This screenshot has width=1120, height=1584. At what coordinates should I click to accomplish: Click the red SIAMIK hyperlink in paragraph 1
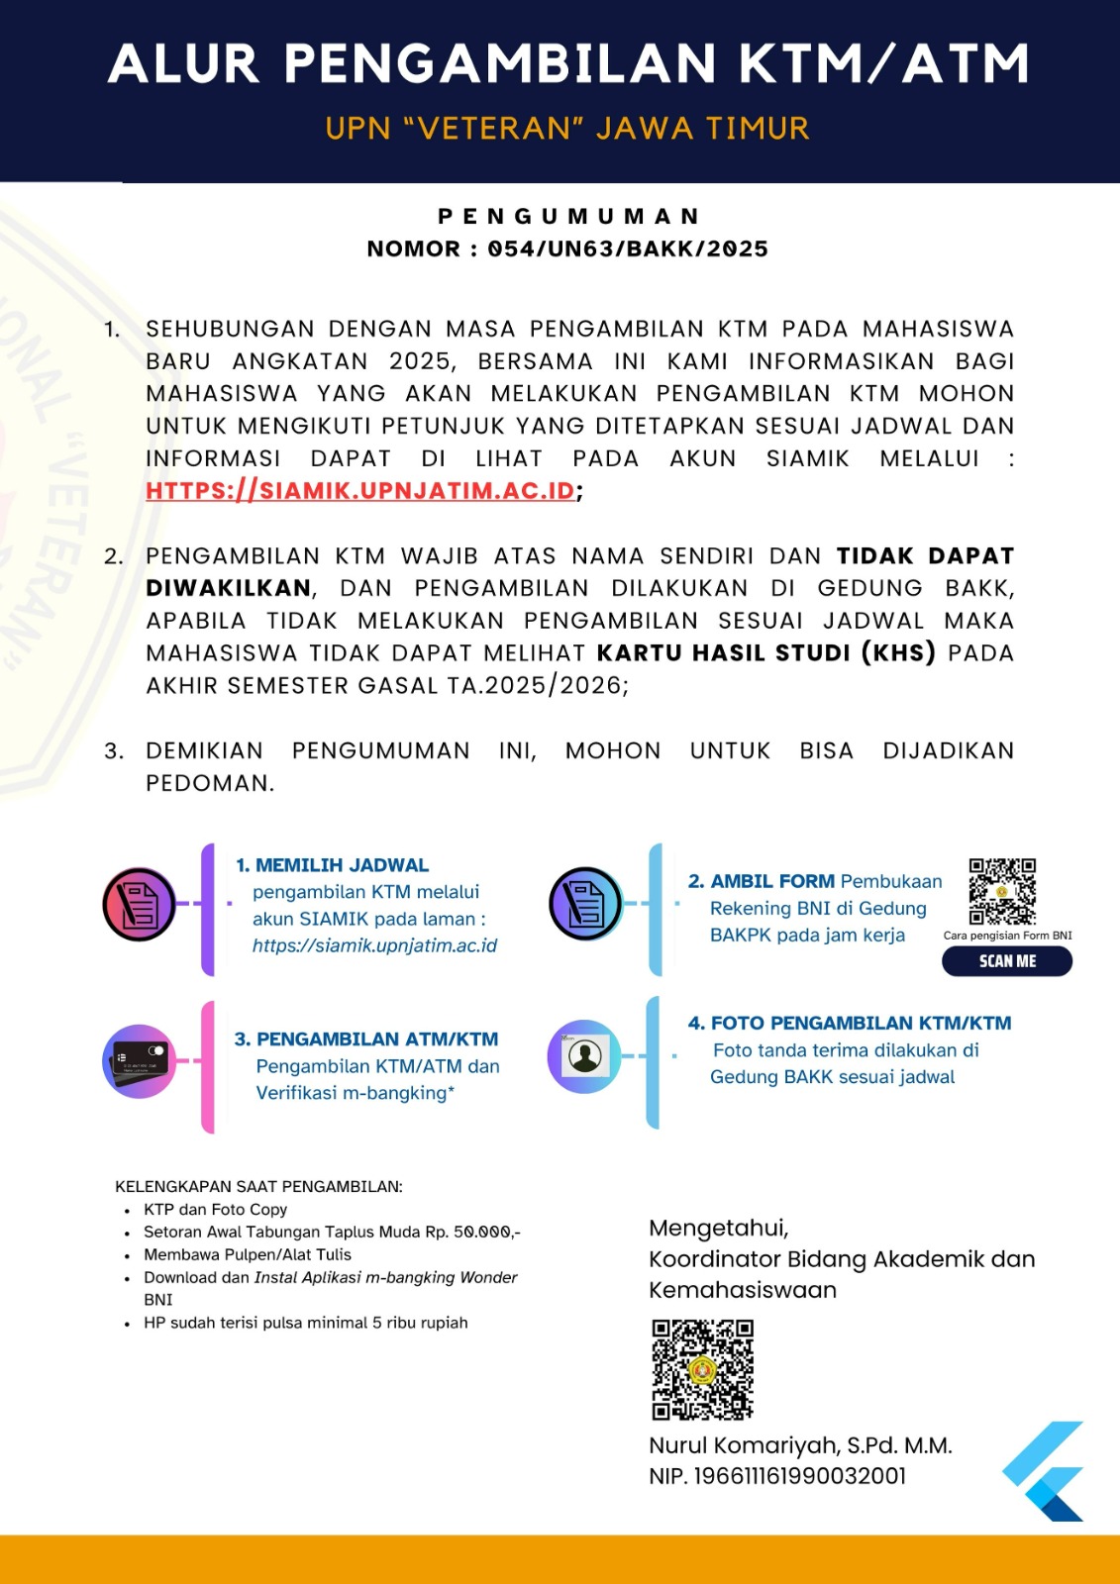pyautogui.click(x=360, y=491)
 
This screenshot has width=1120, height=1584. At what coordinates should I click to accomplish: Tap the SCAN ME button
pyautogui.click(x=1006, y=961)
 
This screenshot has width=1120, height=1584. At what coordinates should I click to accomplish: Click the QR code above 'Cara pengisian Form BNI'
pyautogui.click(x=1002, y=891)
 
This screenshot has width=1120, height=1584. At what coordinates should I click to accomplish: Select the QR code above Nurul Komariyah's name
pyautogui.click(x=702, y=1369)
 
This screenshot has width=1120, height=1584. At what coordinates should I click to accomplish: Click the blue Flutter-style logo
pyautogui.click(x=1045, y=1471)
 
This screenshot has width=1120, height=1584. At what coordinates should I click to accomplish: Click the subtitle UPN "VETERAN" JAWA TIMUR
pyautogui.click(x=567, y=129)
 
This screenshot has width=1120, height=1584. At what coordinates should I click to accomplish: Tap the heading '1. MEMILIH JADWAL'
pyautogui.click(x=333, y=865)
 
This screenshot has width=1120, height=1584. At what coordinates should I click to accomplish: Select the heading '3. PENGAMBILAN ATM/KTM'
pyautogui.click(x=366, y=1039)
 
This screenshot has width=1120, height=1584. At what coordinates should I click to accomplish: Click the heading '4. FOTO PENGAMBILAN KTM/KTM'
pyautogui.click(x=850, y=1024)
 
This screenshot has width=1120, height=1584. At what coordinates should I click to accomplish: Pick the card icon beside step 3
pyautogui.click(x=140, y=1061)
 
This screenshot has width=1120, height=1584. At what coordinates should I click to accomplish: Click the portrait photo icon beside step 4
pyautogui.click(x=584, y=1056)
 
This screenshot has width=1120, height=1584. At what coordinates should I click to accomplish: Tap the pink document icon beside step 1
pyautogui.click(x=140, y=904)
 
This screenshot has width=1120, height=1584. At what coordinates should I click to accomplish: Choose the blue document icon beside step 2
pyautogui.click(x=585, y=903)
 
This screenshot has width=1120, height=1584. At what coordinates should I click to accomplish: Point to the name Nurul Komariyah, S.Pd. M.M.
pyautogui.click(x=800, y=1445)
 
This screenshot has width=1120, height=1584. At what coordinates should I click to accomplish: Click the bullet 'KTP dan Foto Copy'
pyautogui.click(x=215, y=1210)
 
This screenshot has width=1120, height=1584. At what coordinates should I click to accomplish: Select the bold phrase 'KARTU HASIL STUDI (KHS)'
pyautogui.click(x=765, y=653)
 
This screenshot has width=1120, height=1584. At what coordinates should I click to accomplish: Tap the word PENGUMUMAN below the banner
pyautogui.click(x=568, y=217)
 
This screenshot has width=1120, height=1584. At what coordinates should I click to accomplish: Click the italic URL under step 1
pyautogui.click(x=374, y=945)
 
